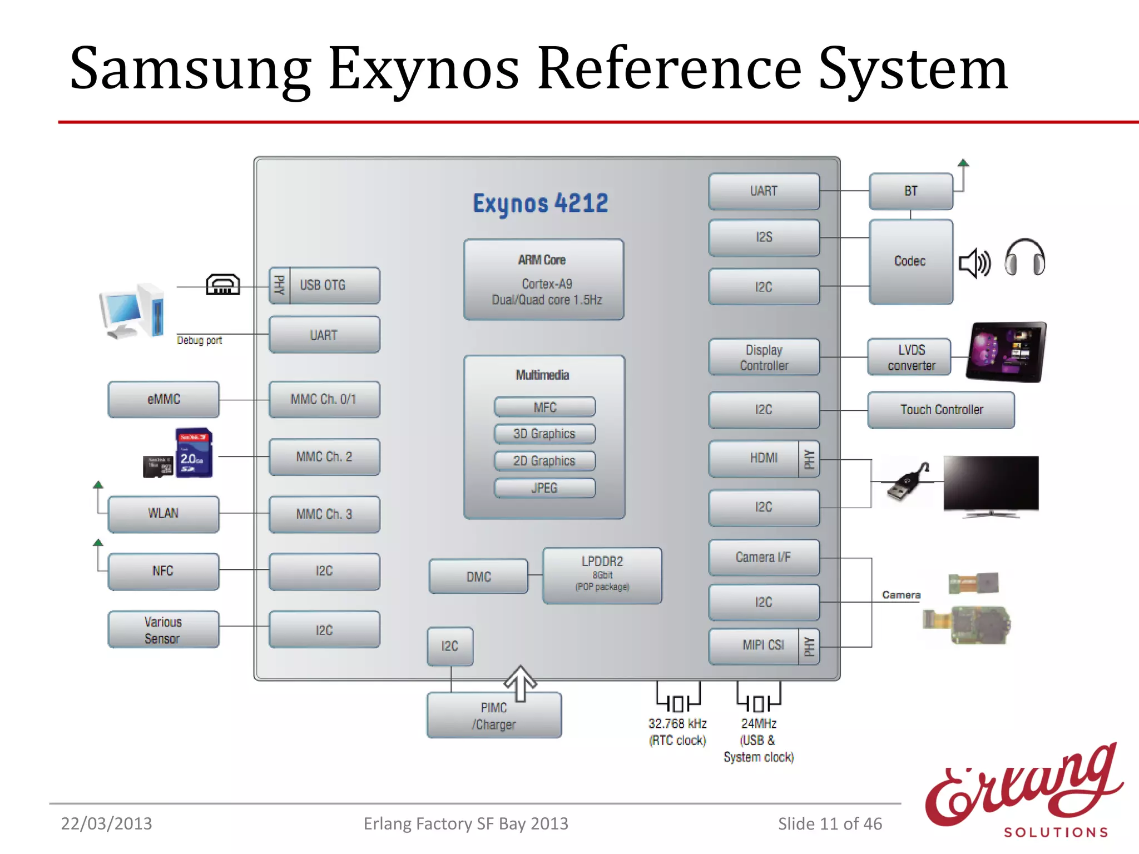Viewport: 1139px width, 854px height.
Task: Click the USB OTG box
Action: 324,285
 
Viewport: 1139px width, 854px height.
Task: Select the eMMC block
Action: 164,399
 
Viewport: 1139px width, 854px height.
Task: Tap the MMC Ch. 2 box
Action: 324,457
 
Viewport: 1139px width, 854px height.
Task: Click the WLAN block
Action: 164,514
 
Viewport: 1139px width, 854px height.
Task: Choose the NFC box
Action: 164,571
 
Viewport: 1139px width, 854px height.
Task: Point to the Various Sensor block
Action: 164,630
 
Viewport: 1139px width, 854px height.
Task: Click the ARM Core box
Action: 543,280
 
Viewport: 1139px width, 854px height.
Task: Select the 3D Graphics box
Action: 544,434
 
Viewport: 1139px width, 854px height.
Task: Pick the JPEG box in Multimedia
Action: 544,488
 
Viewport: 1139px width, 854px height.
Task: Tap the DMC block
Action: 478,577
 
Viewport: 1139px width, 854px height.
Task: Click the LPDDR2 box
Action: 602,575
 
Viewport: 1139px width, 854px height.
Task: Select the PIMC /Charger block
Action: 494,716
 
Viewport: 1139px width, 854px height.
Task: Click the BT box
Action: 911,191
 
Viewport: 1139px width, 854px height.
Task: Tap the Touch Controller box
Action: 941,410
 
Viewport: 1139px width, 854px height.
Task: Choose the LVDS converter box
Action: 910,358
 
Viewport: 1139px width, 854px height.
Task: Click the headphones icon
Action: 1024,257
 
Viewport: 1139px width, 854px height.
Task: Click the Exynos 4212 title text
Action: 540,203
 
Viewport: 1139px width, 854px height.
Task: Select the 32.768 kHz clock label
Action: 677,732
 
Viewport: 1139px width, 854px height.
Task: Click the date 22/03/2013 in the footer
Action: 106,823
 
